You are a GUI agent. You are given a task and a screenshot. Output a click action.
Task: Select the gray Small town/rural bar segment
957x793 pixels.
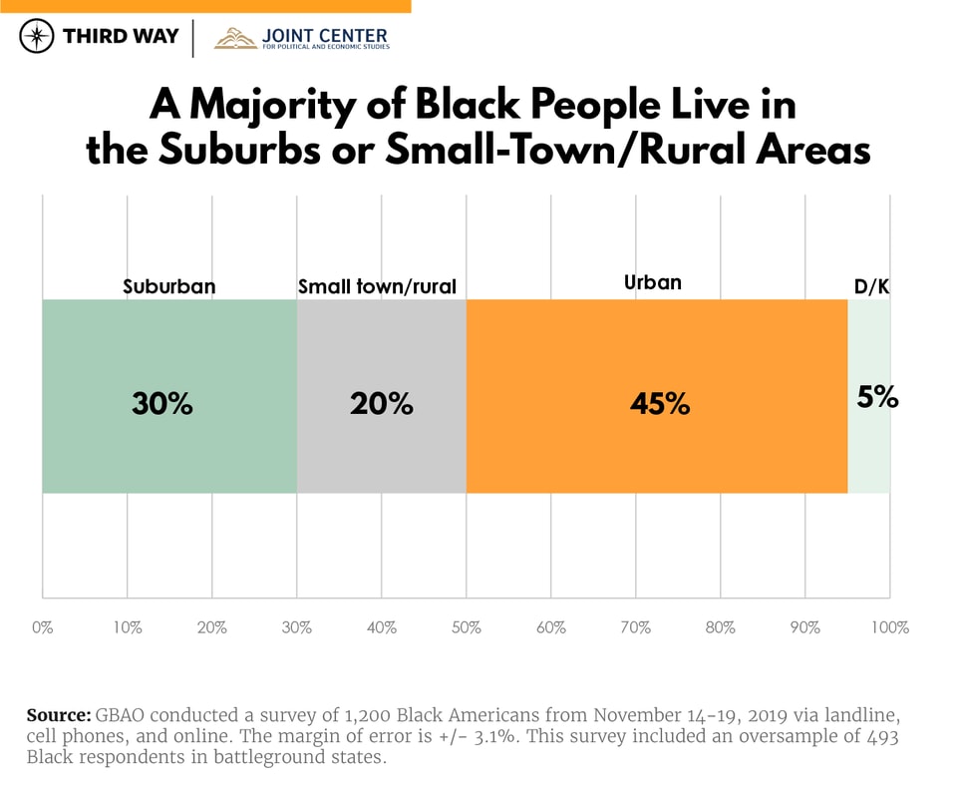[x=381, y=449]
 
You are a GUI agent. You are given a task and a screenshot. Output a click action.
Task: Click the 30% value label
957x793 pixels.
[x=161, y=404]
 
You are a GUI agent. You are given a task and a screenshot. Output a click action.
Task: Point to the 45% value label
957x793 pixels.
[x=660, y=404]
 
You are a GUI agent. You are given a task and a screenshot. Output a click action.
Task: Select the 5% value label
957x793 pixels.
[x=877, y=397]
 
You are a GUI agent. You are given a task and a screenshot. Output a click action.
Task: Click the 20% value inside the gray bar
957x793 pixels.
[x=381, y=404]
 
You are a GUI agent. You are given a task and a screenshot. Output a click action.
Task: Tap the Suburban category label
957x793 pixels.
[x=169, y=287]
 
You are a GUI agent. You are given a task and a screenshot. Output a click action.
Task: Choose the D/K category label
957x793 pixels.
[x=871, y=287]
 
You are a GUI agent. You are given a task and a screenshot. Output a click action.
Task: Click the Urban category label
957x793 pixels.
[x=653, y=282]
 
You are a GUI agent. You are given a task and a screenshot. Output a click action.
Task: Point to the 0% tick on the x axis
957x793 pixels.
[x=42, y=627]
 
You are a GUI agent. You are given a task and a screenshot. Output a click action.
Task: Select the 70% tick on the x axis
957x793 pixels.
[x=635, y=627]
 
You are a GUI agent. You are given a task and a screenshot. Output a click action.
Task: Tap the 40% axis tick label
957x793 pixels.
[x=381, y=627]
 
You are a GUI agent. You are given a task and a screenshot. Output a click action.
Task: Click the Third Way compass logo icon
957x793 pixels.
[x=37, y=37]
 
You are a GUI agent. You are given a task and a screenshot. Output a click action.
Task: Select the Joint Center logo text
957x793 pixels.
[x=324, y=38]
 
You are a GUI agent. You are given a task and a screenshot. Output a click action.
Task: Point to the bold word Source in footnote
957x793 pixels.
[x=58, y=715]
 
